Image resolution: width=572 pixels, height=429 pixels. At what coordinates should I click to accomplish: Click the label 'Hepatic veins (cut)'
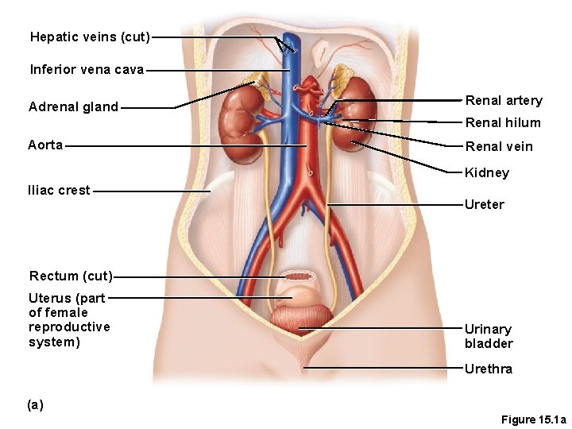tap(90, 37)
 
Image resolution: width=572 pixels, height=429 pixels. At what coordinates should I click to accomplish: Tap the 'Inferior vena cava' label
tap(87, 70)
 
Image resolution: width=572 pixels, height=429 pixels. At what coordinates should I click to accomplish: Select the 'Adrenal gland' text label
tap(73, 107)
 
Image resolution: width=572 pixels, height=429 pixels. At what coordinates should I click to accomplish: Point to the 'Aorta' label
tap(45, 145)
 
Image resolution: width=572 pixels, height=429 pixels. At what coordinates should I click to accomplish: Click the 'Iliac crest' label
tap(59, 191)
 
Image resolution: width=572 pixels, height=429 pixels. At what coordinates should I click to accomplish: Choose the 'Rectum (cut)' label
tap(71, 276)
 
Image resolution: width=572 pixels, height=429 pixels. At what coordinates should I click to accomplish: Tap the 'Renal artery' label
tap(504, 101)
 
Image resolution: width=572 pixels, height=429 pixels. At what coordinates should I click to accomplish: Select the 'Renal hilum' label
tap(503, 123)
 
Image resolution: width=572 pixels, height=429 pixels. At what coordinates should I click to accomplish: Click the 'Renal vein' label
tap(499, 147)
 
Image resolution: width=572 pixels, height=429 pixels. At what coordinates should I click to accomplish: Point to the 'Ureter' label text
tap(485, 205)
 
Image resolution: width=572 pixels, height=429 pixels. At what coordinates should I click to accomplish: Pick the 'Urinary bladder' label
tap(489, 337)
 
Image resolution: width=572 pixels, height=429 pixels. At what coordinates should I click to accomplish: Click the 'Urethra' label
tap(489, 369)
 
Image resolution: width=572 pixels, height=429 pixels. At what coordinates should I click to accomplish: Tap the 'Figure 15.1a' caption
tap(533, 419)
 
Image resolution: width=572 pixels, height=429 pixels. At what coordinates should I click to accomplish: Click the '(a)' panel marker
tap(35, 405)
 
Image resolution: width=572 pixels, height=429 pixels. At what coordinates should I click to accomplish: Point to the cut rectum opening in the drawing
tap(300, 276)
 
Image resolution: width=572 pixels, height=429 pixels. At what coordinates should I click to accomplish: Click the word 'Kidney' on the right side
tap(487, 173)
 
